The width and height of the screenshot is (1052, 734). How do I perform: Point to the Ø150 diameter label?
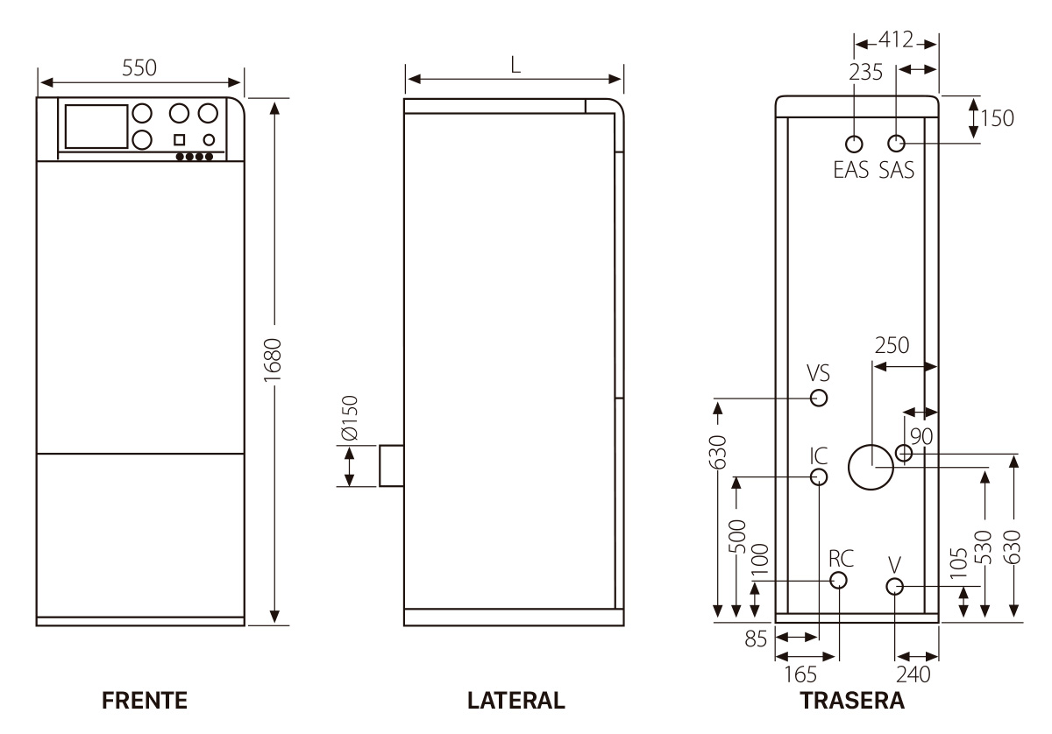pyautogui.click(x=350, y=418)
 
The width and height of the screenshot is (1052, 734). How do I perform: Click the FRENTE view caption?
pyautogui.click(x=145, y=701)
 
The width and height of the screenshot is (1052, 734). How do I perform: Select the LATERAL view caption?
pyautogui.click(x=516, y=701)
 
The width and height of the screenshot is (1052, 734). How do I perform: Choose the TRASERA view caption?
pyautogui.click(x=851, y=701)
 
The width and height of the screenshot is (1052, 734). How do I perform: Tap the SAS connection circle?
pyautogui.click(x=896, y=144)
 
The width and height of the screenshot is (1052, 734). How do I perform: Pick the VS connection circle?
pyautogui.click(x=819, y=398)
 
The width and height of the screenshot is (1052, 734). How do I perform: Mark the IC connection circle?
pyautogui.click(x=819, y=477)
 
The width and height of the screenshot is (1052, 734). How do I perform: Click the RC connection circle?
pyautogui.click(x=839, y=580)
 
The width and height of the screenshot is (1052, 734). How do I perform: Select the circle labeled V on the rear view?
pyautogui.click(x=894, y=586)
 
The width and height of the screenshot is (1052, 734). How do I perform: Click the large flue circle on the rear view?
pyautogui.click(x=871, y=465)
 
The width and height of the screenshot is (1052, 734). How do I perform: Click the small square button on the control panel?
pyautogui.click(x=179, y=139)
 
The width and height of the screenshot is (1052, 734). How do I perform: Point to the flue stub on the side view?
pyautogui.click(x=391, y=465)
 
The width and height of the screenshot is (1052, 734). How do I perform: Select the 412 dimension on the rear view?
pyautogui.click(x=897, y=39)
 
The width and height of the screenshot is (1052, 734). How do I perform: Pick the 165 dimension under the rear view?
pyautogui.click(x=800, y=674)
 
